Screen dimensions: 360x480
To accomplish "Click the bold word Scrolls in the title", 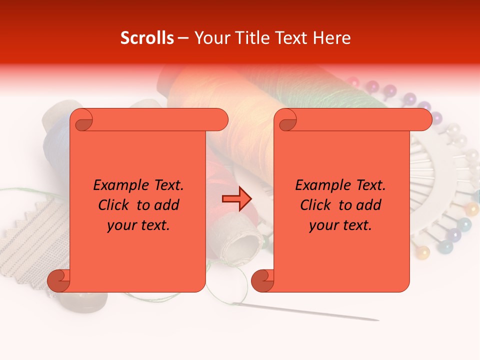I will [147, 38].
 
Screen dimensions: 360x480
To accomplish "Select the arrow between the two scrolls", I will [236, 199].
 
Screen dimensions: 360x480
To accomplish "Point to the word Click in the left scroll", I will [115, 205].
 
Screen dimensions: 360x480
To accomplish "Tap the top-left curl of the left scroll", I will [81, 120].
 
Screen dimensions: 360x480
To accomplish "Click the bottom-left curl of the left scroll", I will [58, 280].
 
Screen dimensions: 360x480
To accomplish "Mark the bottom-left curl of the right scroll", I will [262, 280].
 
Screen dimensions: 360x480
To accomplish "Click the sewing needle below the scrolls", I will [310, 312].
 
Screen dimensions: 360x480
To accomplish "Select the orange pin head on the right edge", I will [471, 209].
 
